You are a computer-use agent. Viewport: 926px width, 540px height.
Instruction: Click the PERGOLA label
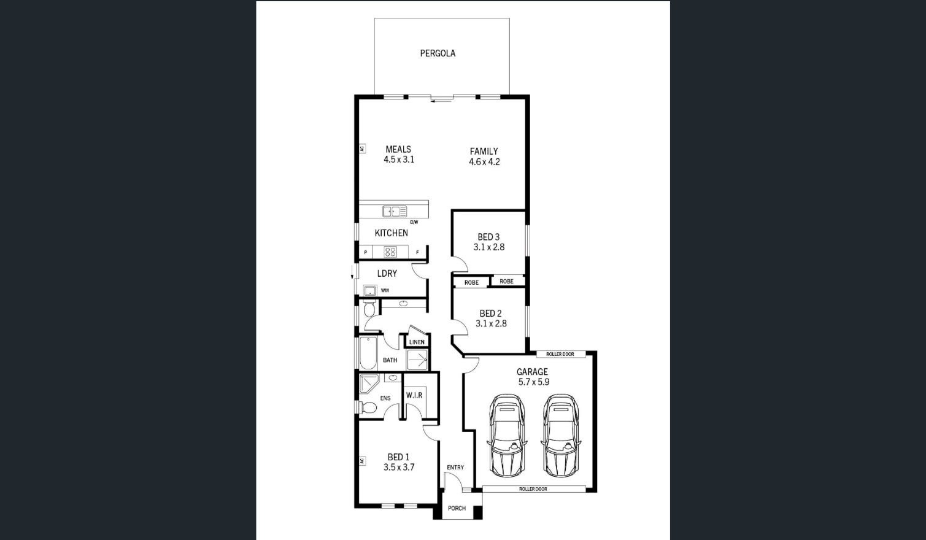[x=438, y=53]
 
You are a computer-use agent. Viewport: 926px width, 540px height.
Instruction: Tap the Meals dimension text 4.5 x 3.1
[x=399, y=160]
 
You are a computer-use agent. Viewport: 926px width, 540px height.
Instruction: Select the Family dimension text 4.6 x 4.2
[x=484, y=162]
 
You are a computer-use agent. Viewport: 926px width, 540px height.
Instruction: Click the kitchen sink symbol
[x=395, y=212]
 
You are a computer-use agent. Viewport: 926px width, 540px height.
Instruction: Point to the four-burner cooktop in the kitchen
[x=390, y=252]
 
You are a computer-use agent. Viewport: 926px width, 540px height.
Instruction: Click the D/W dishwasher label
[x=414, y=222]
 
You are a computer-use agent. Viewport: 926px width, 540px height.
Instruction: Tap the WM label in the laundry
[x=385, y=291]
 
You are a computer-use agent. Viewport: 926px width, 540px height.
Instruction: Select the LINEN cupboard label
[x=417, y=342]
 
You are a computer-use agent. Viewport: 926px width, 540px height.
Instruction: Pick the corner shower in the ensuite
[x=369, y=384]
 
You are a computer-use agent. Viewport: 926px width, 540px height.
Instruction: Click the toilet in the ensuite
[x=368, y=407]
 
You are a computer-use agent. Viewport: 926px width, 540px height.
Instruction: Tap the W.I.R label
[x=414, y=395]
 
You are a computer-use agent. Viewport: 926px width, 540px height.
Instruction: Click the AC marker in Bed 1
[x=362, y=461]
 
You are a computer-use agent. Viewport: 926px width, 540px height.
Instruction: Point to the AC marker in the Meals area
[x=362, y=148]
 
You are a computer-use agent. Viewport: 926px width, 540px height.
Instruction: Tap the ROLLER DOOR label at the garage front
[x=533, y=489]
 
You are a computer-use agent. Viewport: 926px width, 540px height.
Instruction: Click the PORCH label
[x=457, y=508]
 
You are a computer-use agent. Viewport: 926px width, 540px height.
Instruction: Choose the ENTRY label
[x=455, y=468]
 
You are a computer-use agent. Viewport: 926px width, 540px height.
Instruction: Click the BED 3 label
[x=488, y=237]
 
